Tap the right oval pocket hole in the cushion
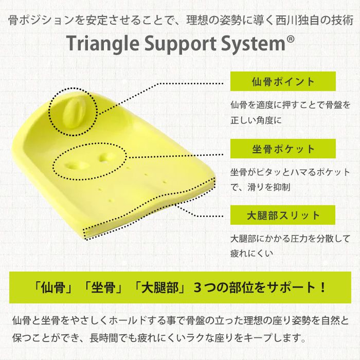[x=104, y=156]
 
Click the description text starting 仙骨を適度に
[x=290, y=105]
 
